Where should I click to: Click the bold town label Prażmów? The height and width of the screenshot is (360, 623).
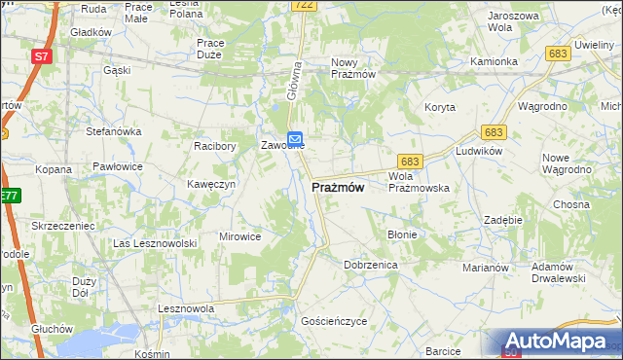(x=339, y=187)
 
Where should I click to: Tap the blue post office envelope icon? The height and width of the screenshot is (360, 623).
(x=294, y=139)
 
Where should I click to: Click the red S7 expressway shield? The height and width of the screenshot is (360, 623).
(x=41, y=56)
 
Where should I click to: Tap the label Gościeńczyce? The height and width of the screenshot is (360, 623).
(x=334, y=320)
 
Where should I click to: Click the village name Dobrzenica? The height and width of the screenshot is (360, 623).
(x=371, y=264)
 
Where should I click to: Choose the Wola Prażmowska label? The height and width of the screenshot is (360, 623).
(x=418, y=181)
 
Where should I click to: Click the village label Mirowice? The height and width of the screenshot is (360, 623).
(x=240, y=236)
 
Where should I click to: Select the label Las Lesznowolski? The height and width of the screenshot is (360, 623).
(x=155, y=243)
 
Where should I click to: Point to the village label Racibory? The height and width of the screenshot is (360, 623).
(x=215, y=146)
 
